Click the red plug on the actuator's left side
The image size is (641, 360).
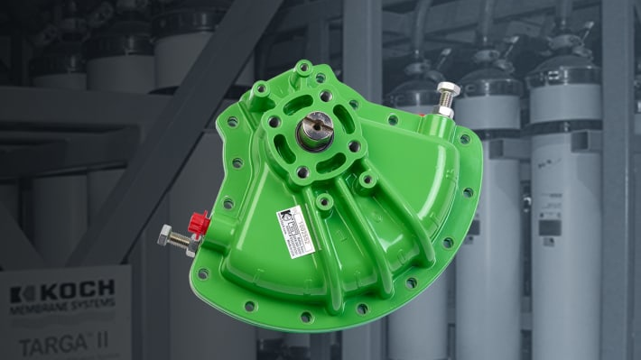click(x=200, y=222)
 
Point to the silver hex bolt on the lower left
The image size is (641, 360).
click(x=165, y=239)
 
